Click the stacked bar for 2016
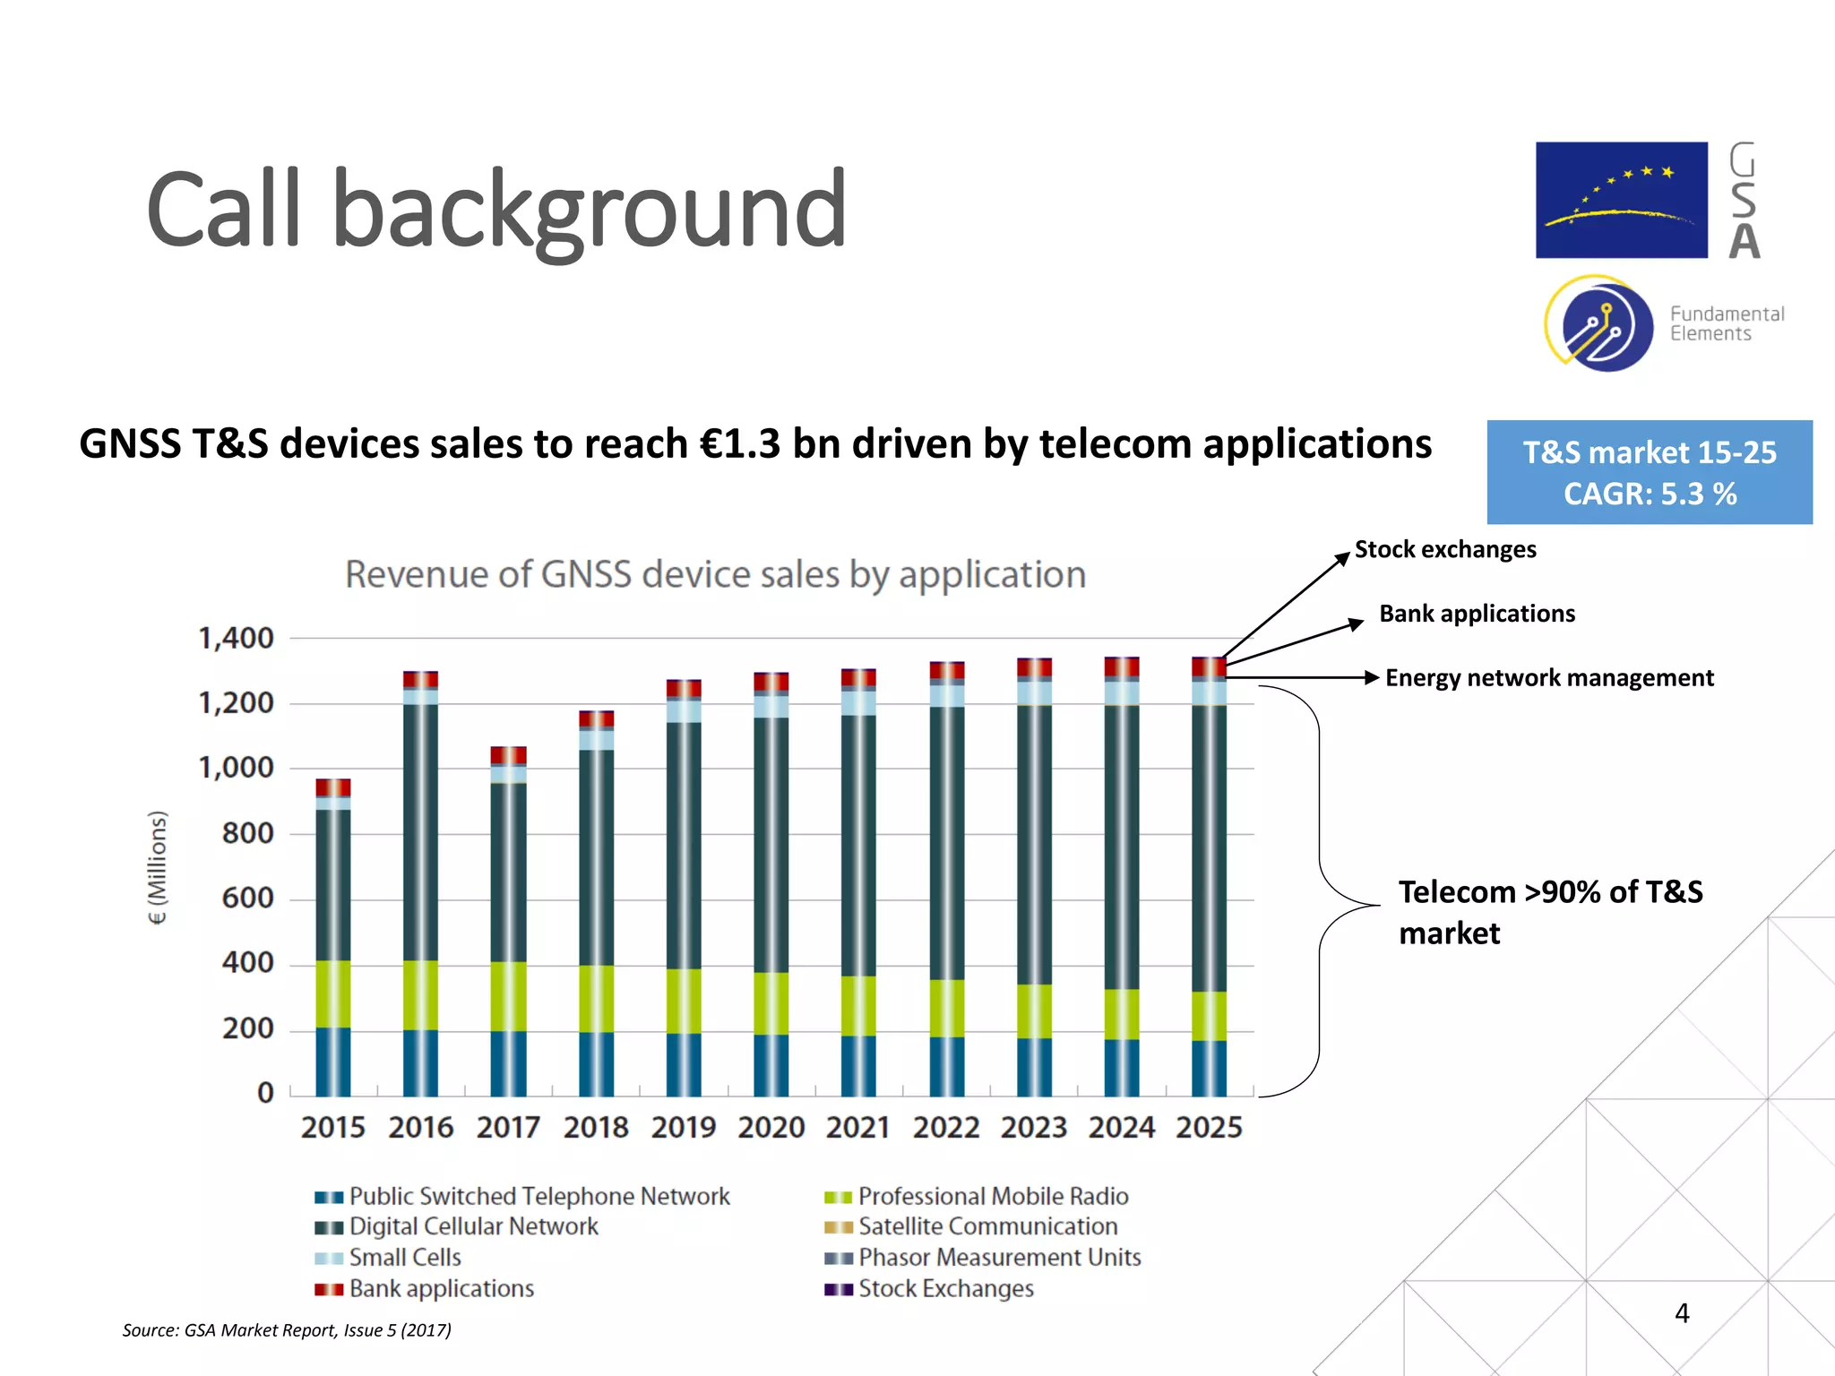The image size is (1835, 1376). point(420,882)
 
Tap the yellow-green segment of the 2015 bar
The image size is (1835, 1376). point(333,993)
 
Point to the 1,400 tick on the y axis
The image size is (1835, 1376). point(236,639)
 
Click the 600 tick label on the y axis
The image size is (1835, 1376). point(247,899)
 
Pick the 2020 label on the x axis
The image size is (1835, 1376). point(771,1127)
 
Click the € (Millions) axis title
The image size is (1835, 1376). point(157,867)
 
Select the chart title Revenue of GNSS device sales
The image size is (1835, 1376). point(715,574)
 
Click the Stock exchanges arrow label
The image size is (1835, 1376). point(1444,549)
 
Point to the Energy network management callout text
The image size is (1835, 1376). point(1548,678)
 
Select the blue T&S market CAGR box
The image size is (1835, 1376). point(1649,472)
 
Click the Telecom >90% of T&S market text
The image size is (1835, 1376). point(1550,912)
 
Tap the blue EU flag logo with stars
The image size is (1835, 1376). point(1621,200)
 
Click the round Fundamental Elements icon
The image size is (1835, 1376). point(1600,324)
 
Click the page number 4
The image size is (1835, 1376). point(1682,1313)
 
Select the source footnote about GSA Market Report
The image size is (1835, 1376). point(287,1330)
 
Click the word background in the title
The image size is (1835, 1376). point(589,211)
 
